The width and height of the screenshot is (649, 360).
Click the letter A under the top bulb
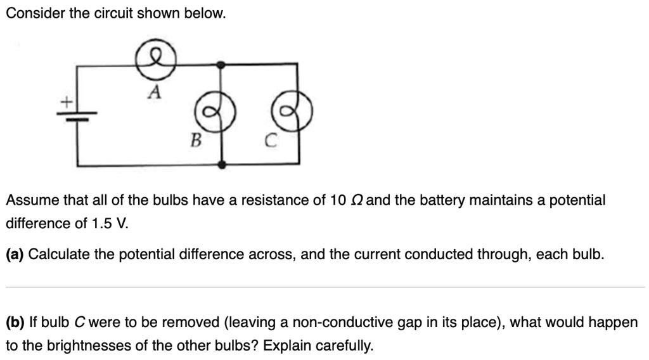click(154, 93)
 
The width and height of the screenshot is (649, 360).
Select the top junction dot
click(221, 65)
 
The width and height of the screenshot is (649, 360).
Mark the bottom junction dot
click(221, 165)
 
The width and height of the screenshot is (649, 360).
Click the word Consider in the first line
click(34, 13)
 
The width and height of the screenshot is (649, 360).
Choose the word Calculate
click(60, 255)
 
